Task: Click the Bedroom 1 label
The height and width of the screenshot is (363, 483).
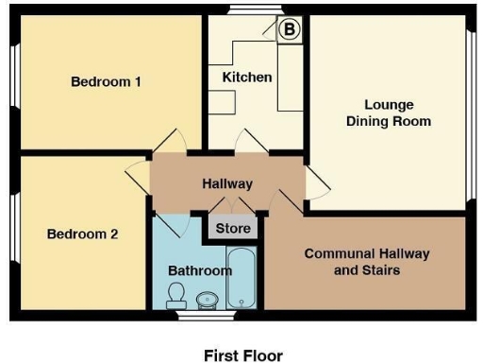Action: (x=106, y=82)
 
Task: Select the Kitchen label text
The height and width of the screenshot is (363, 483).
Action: (x=247, y=77)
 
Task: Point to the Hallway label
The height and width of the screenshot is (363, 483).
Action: (x=227, y=184)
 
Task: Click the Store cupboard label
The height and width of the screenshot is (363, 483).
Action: (x=233, y=229)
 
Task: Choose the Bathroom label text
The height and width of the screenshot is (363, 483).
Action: (x=199, y=271)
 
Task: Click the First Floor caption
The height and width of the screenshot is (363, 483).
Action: (x=242, y=355)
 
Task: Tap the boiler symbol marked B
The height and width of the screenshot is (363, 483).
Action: (x=290, y=30)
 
